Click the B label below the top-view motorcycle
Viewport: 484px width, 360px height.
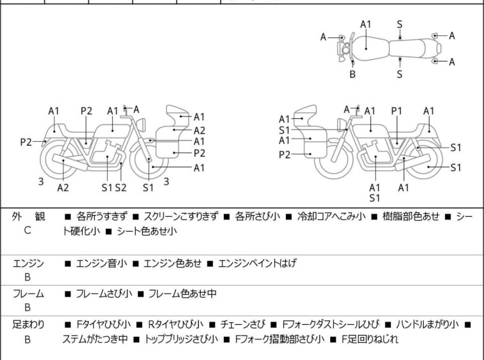[x=353, y=74]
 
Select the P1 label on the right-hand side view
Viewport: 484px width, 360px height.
[x=397, y=110]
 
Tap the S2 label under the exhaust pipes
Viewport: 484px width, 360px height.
[x=121, y=187]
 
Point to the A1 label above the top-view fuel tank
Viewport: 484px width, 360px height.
[x=366, y=24]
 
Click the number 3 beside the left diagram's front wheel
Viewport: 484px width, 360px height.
[x=166, y=182]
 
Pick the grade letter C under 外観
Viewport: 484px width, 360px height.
[x=28, y=230]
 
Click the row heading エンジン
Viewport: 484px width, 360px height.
[x=28, y=264]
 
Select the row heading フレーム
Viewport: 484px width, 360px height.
[x=28, y=293]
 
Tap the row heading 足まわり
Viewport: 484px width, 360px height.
[x=28, y=325]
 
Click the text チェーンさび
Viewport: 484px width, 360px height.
[x=242, y=325]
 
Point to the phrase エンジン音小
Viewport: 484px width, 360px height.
[x=101, y=263]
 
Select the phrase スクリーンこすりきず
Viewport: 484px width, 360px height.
[x=181, y=216]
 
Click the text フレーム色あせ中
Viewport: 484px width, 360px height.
[x=183, y=293]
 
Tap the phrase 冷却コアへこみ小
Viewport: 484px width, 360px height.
[x=331, y=216]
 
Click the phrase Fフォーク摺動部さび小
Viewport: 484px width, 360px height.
[x=280, y=339]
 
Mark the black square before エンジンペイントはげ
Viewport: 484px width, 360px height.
[x=210, y=264]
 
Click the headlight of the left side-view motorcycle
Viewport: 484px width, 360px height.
[x=141, y=124]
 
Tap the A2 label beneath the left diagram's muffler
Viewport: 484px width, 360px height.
[x=63, y=187]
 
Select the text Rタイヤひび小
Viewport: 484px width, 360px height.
[x=176, y=325]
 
